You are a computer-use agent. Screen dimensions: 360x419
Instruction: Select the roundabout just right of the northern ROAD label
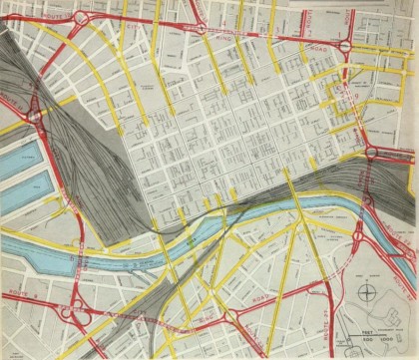coord(345,47)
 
